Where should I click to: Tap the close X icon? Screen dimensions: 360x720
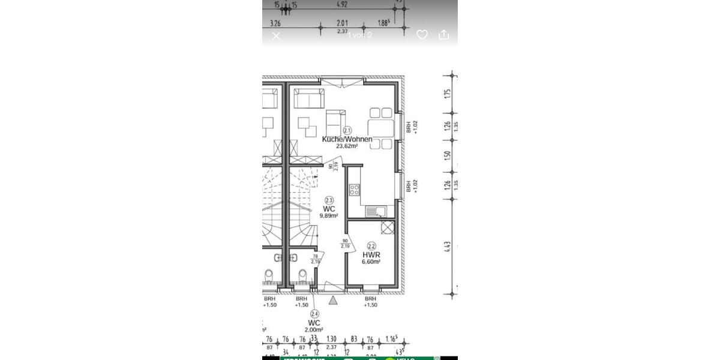[x=276, y=36]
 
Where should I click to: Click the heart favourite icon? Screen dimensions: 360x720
[x=422, y=35]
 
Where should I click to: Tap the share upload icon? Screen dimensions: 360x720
[x=444, y=35]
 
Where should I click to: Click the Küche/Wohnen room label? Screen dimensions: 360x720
[x=347, y=139]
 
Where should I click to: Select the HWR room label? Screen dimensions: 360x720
[x=371, y=254]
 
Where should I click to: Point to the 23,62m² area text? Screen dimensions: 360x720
[x=347, y=146]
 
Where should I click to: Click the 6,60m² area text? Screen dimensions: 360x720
[x=371, y=262]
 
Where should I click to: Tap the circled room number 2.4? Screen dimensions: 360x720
[x=314, y=314]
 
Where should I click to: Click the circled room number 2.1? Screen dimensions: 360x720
[x=347, y=130]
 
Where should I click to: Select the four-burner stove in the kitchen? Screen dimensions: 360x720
[x=355, y=190]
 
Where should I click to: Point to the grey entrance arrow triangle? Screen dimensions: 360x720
[x=333, y=299]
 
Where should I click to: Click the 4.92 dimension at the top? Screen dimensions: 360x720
[x=342, y=5]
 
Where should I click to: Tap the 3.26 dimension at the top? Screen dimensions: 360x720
[x=275, y=23]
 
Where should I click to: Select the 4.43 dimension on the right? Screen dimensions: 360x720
[x=448, y=247]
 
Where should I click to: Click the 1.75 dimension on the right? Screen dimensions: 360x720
[x=448, y=94]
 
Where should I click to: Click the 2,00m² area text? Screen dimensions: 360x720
[x=313, y=329]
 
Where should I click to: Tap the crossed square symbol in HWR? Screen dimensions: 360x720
[x=388, y=227]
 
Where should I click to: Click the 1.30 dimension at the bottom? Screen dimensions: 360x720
[x=331, y=340]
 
